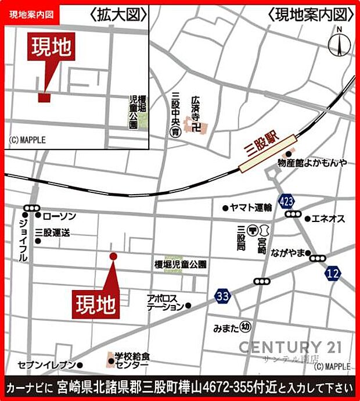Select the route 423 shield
[286, 201]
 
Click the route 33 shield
[221, 296]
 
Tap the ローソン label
[59, 216]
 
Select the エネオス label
[328, 219]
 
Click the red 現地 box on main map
[96, 303]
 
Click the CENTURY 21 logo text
[290, 348]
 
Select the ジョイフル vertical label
[23, 240]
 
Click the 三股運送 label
[52, 231]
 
